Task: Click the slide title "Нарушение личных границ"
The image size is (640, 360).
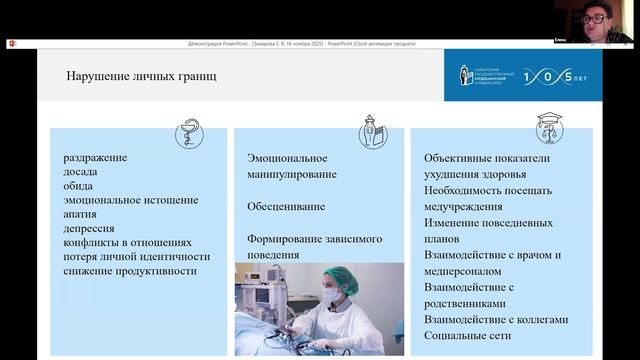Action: (x=141, y=76)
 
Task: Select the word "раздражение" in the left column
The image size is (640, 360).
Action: (x=95, y=158)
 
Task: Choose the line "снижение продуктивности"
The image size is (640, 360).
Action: (x=126, y=270)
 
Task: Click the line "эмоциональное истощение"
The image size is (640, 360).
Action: (x=130, y=200)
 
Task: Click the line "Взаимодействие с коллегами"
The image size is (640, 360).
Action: (x=495, y=320)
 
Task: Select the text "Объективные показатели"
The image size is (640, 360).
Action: (x=487, y=158)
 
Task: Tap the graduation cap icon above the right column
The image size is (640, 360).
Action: (x=549, y=127)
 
